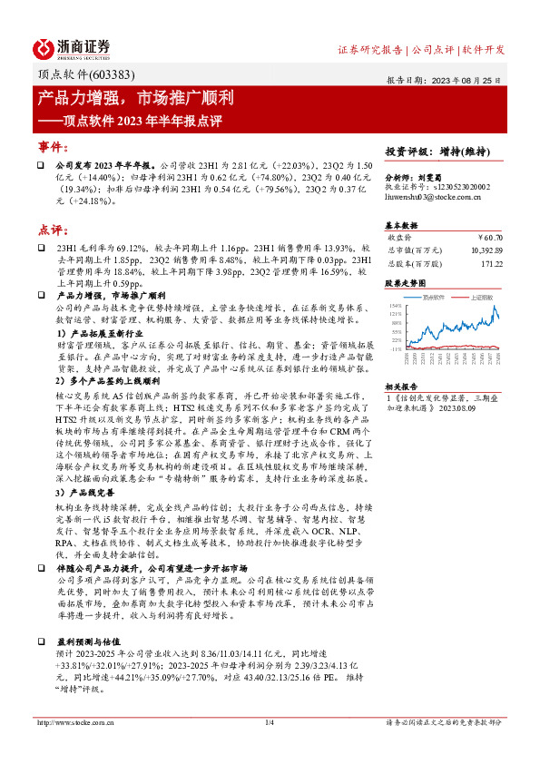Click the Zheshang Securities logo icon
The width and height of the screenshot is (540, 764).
(44, 48)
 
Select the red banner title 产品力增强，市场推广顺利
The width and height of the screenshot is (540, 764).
(136, 97)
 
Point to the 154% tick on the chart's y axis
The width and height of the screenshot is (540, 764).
(394, 306)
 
